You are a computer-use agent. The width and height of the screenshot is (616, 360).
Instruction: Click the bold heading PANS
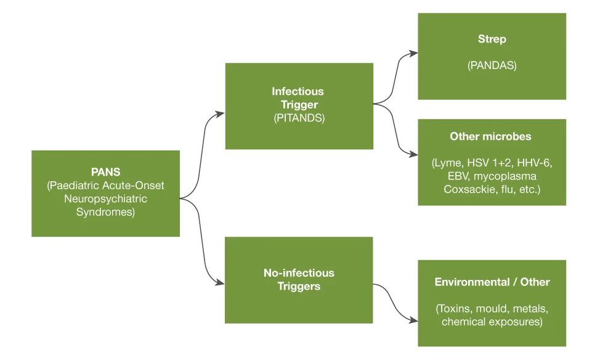tap(105, 172)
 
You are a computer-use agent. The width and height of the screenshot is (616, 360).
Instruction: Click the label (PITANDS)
tap(299, 118)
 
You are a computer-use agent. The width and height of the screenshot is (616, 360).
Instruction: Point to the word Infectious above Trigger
tap(298, 91)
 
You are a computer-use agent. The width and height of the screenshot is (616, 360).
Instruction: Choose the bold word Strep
tap(492, 39)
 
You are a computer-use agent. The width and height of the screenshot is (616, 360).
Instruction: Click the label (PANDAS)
tap(492, 65)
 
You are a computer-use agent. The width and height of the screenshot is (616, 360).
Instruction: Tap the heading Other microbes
tap(490, 136)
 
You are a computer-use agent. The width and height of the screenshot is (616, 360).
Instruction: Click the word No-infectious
tap(299, 272)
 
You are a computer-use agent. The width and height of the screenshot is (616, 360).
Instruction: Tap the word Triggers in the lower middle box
tap(299, 286)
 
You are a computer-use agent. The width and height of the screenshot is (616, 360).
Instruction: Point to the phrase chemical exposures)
tap(492, 322)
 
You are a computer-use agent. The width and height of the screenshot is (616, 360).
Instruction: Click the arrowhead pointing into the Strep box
tap(415, 54)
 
